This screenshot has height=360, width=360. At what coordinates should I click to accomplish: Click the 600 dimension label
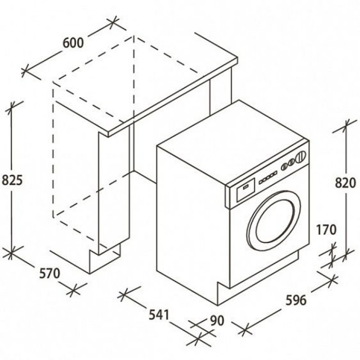(x=73, y=43)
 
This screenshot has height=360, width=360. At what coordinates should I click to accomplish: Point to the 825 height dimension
(x=12, y=180)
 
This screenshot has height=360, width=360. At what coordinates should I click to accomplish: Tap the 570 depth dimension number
(x=49, y=273)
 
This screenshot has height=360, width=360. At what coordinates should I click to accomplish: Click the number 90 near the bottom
(x=217, y=321)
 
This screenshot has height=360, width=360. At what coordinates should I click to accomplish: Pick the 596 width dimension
(x=296, y=300)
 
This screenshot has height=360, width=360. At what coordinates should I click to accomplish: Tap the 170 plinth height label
(x=326, y=229)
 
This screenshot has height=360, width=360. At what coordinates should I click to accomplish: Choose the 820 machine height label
(x=345, y=183)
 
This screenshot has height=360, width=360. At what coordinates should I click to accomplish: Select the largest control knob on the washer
(x=301, y=157)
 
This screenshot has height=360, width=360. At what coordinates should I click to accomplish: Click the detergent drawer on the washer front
(x=245, y=190)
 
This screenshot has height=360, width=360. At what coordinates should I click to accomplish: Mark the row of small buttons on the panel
(x=268, y=177)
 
